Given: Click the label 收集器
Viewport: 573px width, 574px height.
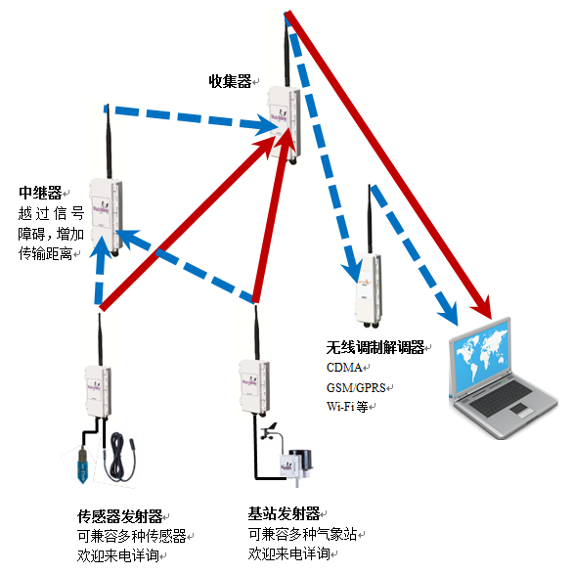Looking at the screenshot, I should click(x=230, y=79).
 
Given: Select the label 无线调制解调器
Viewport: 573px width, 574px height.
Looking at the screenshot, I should click(x=375, y=347).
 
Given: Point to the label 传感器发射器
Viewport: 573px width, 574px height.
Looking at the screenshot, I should click(x=119, y=515).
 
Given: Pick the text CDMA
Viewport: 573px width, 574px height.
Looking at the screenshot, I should click(x=344, y=368).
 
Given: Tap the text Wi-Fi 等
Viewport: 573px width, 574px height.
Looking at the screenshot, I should click(x=348, y=407).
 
